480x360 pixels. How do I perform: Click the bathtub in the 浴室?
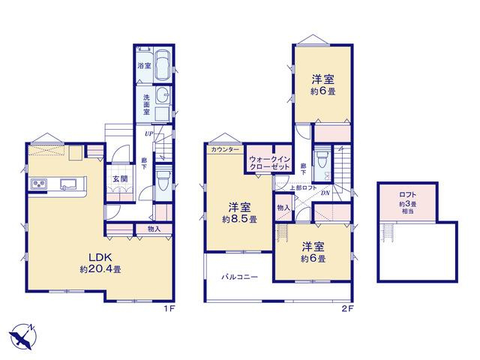[163, 65]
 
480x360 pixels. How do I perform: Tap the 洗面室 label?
[147, 104]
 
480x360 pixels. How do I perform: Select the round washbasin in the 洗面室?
[163, 93]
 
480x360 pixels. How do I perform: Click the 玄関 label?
[120, 178]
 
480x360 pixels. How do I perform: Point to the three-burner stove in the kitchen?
[39, 184]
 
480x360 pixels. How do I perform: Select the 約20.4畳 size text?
[100, 269]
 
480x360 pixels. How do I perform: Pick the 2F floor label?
[347, 308]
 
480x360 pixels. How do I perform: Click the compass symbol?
[22, 336]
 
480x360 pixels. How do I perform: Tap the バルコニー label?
[240, 277]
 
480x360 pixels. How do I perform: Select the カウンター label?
[225, 150]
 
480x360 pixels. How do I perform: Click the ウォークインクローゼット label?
[269, 163]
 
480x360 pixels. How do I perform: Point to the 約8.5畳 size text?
[239, 220]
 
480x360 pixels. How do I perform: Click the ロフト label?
[408, 194]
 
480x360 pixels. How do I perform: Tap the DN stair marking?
[325, 193]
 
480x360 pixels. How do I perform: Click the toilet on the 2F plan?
[321, 160]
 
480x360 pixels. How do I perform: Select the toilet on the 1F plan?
[161, 182]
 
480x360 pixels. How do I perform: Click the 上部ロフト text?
[303, 188]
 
